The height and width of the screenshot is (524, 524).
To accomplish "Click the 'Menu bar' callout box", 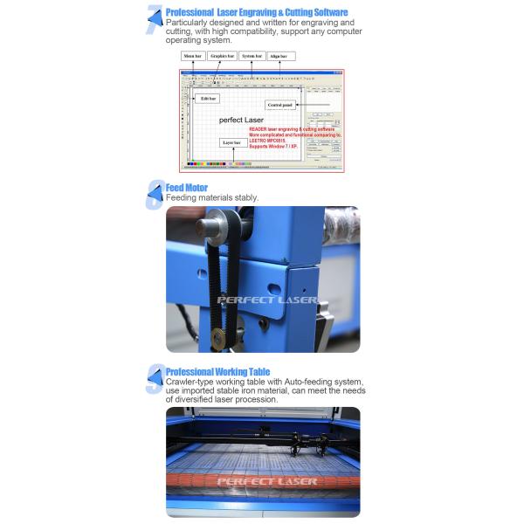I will [193, 56].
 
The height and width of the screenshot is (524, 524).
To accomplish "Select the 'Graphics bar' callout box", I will [224, 56].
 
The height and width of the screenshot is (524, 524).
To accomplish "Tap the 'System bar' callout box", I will [252, 56].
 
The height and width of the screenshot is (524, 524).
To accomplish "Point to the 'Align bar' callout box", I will [280, 56].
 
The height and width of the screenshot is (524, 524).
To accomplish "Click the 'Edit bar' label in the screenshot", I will [208, 99].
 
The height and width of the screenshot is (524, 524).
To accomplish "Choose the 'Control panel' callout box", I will [280, 105].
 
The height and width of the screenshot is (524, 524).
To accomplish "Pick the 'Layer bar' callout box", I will [231, 141].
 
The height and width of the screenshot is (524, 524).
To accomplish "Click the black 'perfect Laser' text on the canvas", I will [242, 119].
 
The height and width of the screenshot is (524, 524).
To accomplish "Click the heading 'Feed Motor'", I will [186, 187].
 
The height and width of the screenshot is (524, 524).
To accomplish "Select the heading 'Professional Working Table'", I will [217, 371].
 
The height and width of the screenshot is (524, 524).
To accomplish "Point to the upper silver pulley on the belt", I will [210, 226].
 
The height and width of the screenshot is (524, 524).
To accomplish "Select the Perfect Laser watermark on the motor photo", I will [266, 300].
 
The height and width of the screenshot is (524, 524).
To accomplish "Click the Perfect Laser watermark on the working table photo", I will [266, 480].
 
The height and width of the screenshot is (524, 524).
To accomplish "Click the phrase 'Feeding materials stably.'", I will [212, 198].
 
